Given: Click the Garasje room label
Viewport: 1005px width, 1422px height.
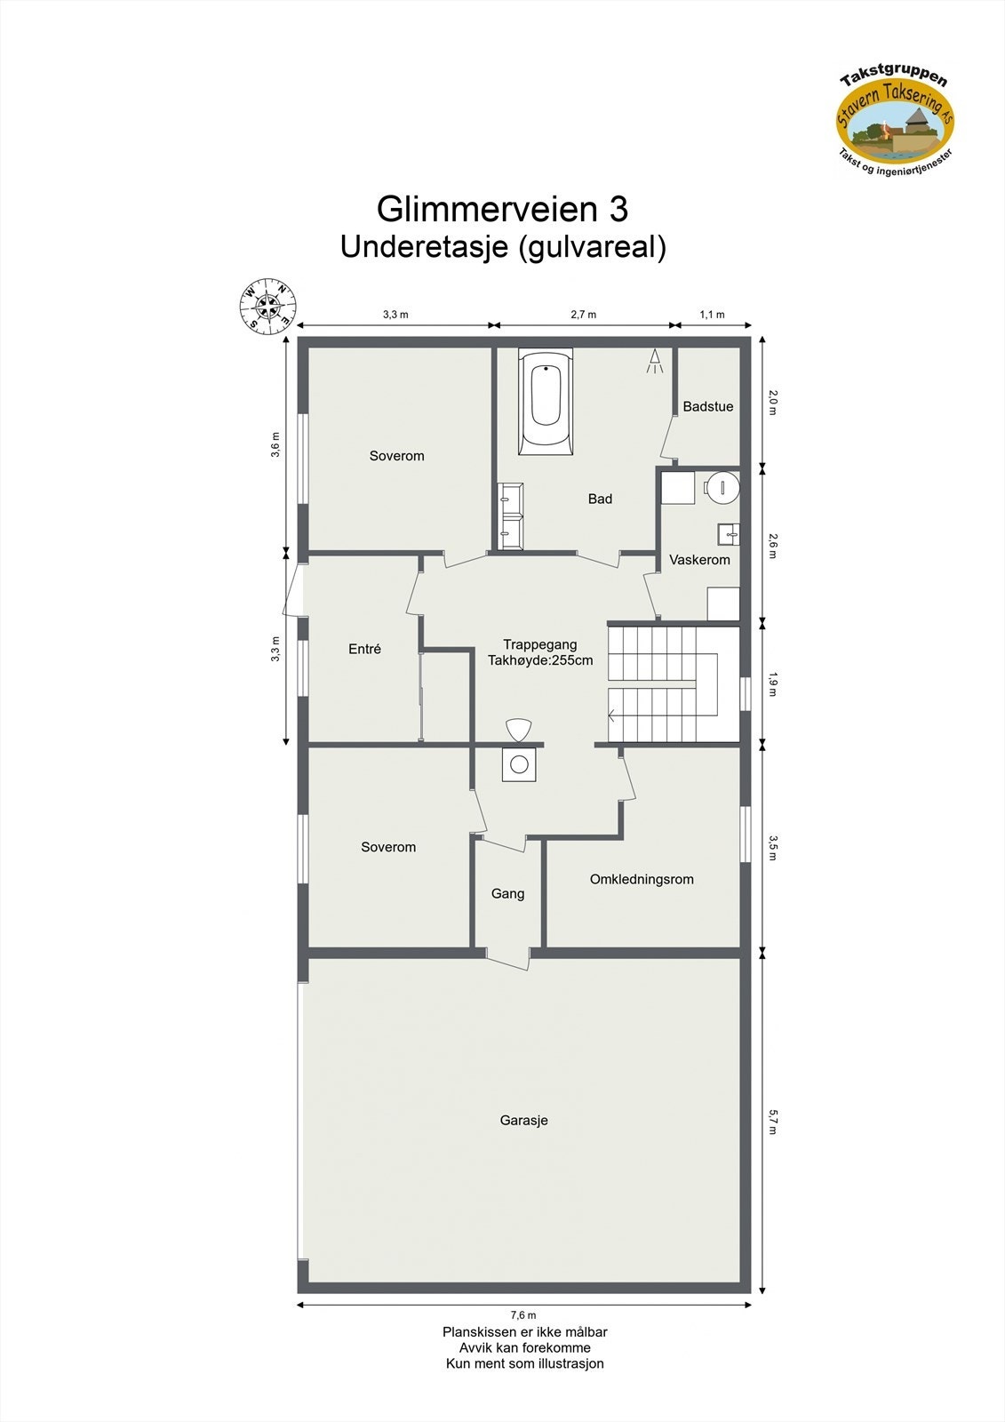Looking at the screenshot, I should tap(523, 1121).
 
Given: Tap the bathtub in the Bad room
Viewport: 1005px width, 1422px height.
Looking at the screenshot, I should tap(546, 403).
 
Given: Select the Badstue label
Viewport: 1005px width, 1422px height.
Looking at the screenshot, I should tap(708, 407).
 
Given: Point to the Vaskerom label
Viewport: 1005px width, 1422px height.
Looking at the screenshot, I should tap(699, 560).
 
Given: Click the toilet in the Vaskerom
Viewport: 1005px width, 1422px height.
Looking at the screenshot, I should tap(722, 486).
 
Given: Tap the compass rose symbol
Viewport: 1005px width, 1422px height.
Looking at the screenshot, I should tap(267, 307).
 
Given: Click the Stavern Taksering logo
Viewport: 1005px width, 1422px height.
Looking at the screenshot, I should tap(895, 119).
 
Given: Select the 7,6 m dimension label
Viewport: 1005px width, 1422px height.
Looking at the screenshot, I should tap(523, 1315).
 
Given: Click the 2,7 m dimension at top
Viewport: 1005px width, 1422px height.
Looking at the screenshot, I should tap(583, 315).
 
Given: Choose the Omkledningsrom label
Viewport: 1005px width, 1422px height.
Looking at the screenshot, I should tap(642, 880).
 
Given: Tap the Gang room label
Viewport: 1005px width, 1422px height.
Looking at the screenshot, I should tap(507, 894).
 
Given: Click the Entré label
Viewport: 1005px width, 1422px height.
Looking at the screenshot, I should tap(364, 650).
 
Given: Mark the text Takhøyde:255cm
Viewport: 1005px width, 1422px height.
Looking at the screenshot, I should tap(539, 661).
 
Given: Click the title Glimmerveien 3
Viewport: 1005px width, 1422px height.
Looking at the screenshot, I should tap(502, 210).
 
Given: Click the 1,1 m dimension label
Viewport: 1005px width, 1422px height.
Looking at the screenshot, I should tap(712, 315).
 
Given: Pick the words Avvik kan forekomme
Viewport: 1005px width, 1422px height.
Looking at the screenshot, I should tap(524, 1348).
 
